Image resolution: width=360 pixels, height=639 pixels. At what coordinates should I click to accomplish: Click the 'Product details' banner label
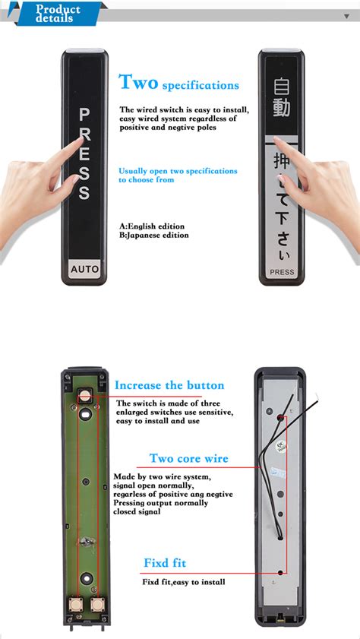coord(58,14)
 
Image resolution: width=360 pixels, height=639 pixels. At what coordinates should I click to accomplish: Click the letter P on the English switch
coord(84,114)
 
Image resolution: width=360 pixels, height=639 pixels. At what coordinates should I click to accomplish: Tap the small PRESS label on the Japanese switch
coord(282,271)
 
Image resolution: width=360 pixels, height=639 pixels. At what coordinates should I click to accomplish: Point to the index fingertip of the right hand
coord(275,141)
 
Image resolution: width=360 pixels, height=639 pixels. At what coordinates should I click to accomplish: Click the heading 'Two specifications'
coord(178,84)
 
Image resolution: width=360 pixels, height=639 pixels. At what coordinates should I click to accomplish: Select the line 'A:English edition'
coord(152,226)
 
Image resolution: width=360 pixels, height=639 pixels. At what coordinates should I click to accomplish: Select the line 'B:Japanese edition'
coord(154,236)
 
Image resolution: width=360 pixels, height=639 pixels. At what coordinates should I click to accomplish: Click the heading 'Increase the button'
coord(169,385)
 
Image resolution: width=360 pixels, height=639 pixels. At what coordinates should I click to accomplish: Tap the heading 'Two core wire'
coord(188,458)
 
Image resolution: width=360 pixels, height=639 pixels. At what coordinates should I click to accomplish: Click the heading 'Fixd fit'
coord(165,563)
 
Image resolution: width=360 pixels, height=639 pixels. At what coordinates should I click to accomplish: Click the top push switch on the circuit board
coord(86,395)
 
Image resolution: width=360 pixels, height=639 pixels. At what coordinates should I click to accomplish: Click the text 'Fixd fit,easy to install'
coord(184,582)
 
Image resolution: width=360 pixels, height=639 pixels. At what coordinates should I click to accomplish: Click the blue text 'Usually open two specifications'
coord(178,171)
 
